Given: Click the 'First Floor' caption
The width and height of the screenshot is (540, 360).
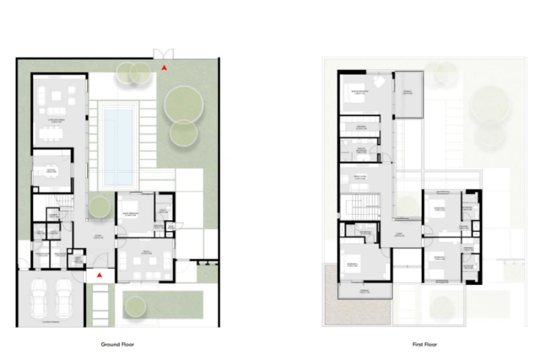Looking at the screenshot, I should click(x=425, y=344).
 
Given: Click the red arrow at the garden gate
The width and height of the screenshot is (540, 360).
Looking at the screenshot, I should click(x=165, y=68).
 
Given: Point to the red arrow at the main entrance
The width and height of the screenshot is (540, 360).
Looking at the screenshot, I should click(x=99, y=275).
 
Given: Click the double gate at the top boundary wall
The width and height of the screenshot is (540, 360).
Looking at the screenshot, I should click(x=163, y=54).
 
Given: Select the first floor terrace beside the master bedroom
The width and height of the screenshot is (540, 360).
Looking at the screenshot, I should click(x=408, y=93).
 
